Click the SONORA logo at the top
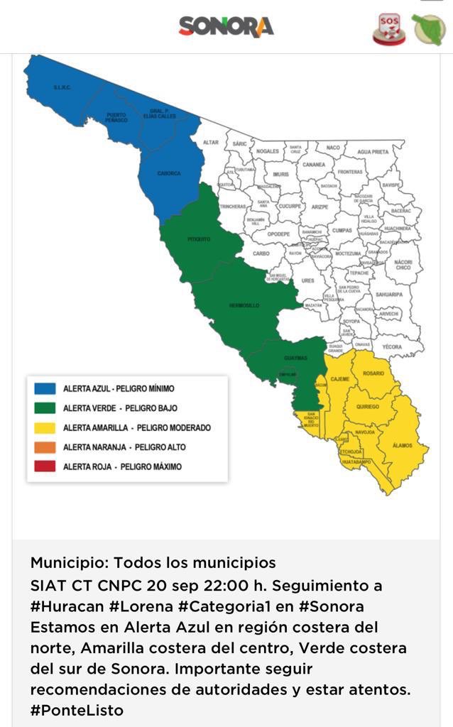click(x=226, y=27)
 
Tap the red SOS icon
click(x=389, y=28)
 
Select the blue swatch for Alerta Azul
click(x=45, y=388)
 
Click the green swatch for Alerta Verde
click(x=45, y=408)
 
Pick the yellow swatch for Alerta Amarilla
click(x=45, y=427)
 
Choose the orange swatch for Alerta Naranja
click(x=45, y=447)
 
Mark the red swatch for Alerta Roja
click(x=45, y=466)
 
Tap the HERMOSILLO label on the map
click(x=244, y=305)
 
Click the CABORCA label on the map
click(x=169, y=173)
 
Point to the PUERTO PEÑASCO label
click(x=116, y=117)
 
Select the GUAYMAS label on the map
click(x=296, y=358)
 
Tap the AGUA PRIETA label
click(x=373, y=152)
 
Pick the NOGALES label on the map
click(x=268, y=151)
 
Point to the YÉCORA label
click(x=391, y=347)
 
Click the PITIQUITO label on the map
click(x=199, y=239)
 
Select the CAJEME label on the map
click(x=340, y=380)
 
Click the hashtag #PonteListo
click(x=77, y=710)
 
